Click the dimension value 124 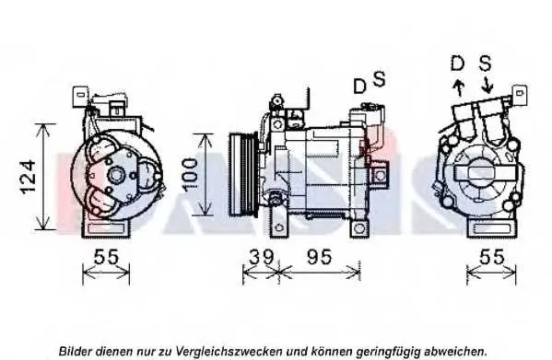point(29,177)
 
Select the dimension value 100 point(191,175)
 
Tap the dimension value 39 point(261,257)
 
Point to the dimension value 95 point(319,257)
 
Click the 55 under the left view point(106,257)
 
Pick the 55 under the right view point(492,257)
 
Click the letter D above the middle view point(359,87)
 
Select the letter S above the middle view point(379,79)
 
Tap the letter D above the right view point(458,64)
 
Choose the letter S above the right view point(485,64)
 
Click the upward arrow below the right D point(459,87)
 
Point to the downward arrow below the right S point(487,86)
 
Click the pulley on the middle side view point(242,174)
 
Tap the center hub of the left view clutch point(116,175)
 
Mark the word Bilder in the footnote point(76,351)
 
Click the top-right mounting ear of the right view point(520,94)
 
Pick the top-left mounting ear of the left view point(80,96)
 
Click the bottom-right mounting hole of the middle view point(358,228)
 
